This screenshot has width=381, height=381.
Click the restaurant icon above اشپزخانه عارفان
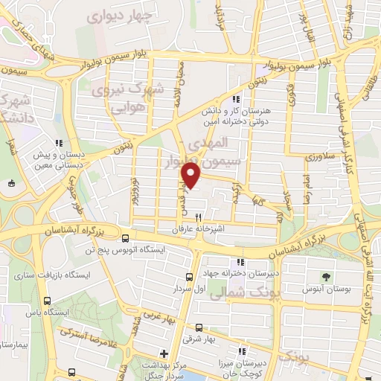click(x=198, y=217)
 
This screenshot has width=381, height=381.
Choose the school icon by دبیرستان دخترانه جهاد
click(x=239, y=262)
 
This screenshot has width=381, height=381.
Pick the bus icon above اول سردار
click(x=189, y=276)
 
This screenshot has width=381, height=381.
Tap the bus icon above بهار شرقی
click(x=198, y=327)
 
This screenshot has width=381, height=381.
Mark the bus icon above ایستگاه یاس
click(x=48, y=301)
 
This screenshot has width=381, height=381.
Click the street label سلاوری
click(x=323, y=158)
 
